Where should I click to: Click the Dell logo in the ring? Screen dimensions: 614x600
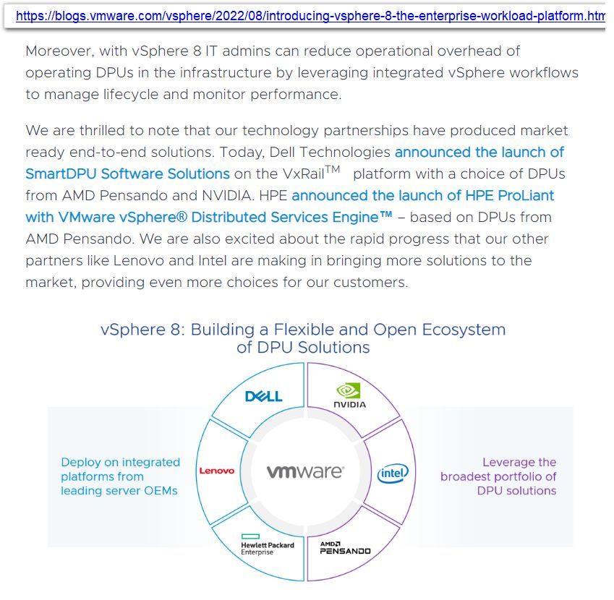[263, 396]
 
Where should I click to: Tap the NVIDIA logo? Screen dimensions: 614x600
[349, 396]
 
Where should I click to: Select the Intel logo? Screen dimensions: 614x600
[393, 473]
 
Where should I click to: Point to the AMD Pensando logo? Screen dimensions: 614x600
[345, 547]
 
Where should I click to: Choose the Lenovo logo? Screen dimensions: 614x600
[217, 471]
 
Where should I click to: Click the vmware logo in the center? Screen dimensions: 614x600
[305, 471]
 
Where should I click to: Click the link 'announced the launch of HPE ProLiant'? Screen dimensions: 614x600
[423, 196]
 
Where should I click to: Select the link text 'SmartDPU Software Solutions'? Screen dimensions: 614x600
[127, 174]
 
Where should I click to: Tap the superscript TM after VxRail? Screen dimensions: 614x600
[332, 169]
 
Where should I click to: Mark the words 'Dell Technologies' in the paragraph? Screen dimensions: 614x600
[330, 153]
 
